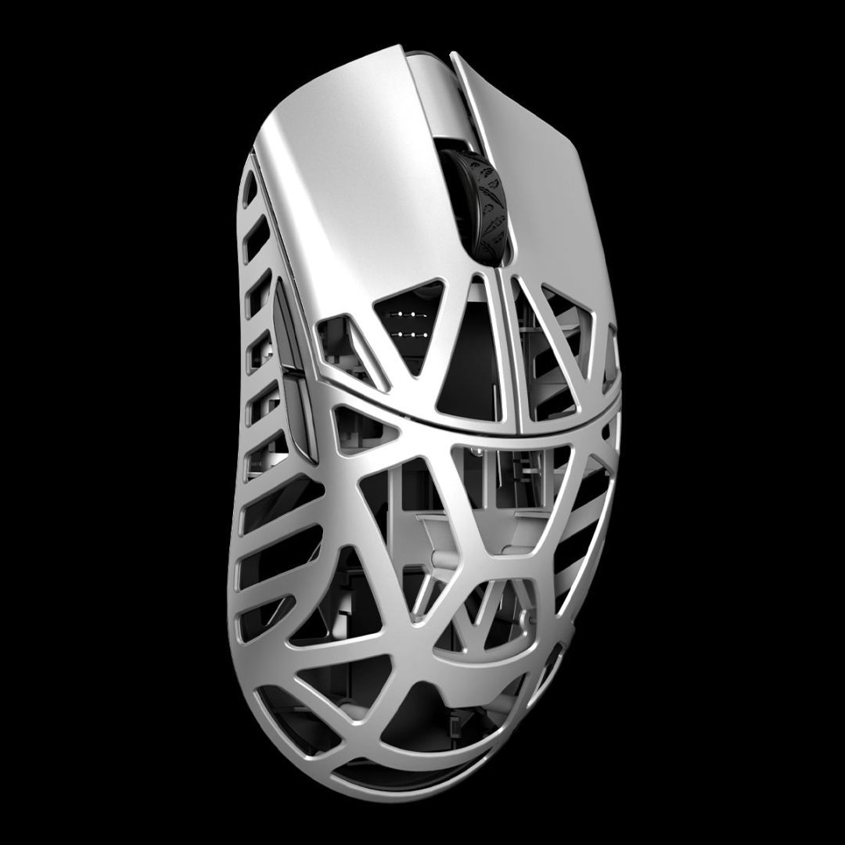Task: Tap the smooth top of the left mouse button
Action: point(344,180)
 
